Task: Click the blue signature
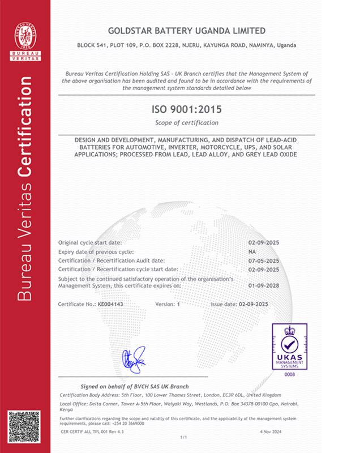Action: pos(134,360)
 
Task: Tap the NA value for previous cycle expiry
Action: pos(252,251)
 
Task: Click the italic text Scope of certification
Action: pos(186,123)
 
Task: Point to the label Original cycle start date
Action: pos(91,242)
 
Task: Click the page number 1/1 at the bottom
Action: pos(183,438)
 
